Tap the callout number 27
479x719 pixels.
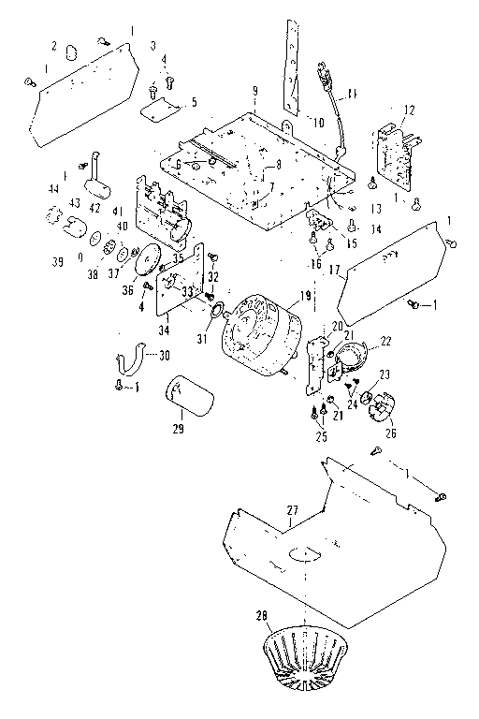pyautogui.click(x=292, y=508)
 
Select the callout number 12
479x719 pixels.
pyautogui.click(x=408, y=110)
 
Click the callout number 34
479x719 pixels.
pyautogui.click(x=165, y=329)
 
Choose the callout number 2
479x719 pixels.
pyautogui.click(x=53, y=46)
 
